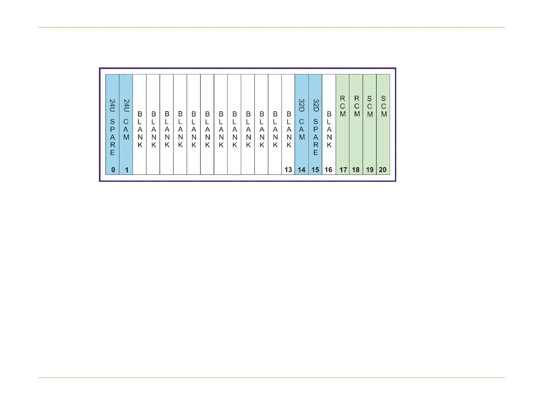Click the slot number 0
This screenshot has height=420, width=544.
(113, 170)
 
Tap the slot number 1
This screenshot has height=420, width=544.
(127, 170)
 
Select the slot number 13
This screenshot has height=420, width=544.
(288, 170)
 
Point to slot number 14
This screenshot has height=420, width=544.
(302, 170)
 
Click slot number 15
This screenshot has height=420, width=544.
(315, 170)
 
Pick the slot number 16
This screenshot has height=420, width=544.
(329, 170)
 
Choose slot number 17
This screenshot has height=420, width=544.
(343, 170)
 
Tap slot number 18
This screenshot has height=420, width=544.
(356, 170)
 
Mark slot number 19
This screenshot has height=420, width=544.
(370, 170)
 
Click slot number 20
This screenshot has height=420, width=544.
(383, 170)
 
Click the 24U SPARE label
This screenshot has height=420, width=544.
(112, 127)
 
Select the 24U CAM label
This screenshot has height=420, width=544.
(126, 120)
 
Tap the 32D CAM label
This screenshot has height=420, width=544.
(302, 120)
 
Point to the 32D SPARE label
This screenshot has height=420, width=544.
(316, 127)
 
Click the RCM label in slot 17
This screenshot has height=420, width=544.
(343, 106)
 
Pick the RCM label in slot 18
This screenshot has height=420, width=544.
(357, 106)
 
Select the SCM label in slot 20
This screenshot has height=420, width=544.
(384, 106)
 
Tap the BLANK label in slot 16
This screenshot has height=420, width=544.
(329, 129)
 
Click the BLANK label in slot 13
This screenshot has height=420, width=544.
(289, 129)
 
